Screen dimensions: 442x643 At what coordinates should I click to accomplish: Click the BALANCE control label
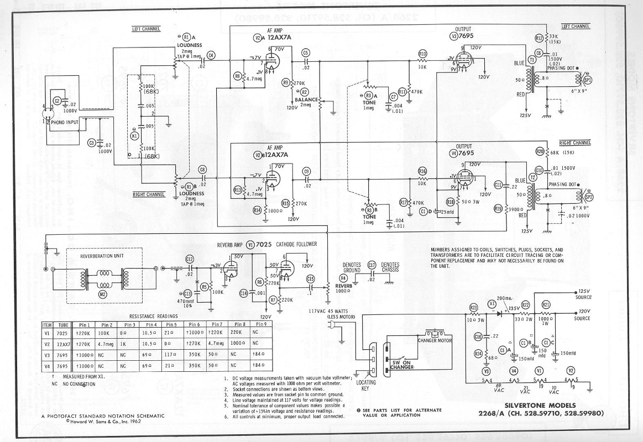pyautogui.click(x=307, y=100)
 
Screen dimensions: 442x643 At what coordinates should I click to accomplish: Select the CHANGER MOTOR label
pyautogui.click(x=440, y=340)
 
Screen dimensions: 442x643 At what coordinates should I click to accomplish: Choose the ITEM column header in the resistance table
pyautogui.click(x=48, y=325)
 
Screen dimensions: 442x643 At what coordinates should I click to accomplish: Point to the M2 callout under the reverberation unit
pyautogui.click(x=102, y=294)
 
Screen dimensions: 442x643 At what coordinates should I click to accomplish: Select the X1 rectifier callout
pyautogui.click(x=492, y=303)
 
